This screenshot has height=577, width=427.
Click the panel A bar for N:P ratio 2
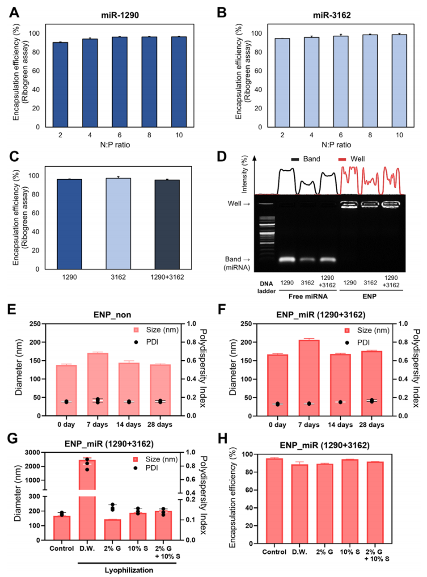pyautogui.click(x=60, y=85)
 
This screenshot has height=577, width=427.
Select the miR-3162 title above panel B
pyautogui.click(x=332, y=15)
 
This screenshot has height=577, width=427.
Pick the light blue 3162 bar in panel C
pyautogui.click(x=118, y=223)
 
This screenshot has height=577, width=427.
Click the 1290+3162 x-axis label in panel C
pyautogui.click(x=167, y=277)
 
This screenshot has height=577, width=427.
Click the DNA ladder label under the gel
pyautogui.click(x=266, y=287)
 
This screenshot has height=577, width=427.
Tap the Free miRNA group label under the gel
pyautogui.click(x=308, y=296)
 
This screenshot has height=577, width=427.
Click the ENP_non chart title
pyautogui.click(x=112, y=315)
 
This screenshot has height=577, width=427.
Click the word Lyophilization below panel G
pyautogui.click(x=129, y=570)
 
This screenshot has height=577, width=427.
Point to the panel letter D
pyautogui.click(x=222, y=156)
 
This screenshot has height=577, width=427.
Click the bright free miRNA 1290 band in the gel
pyautogui.click(x=287, y=259)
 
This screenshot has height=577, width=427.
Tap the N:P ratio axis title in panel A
pyautogui.click(x=115, y=145)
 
